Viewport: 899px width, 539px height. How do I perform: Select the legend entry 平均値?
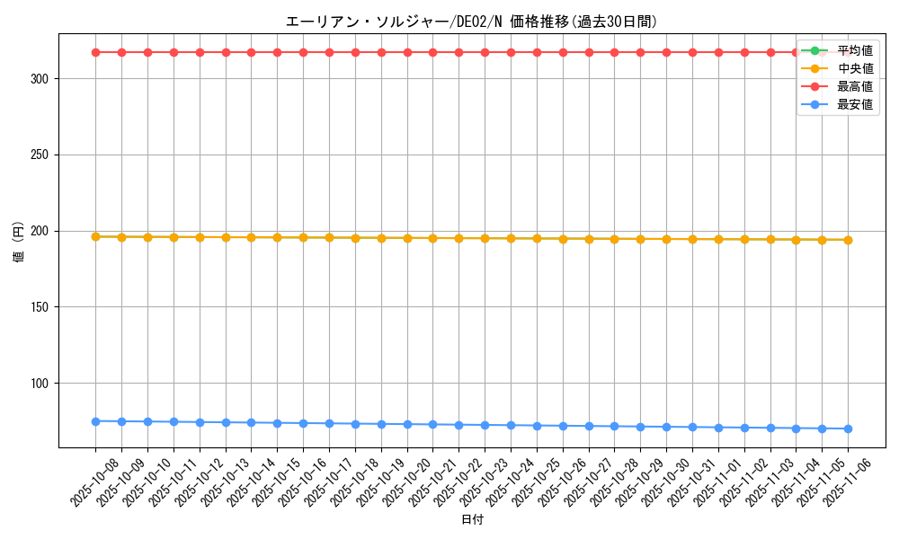(x=855, y=50)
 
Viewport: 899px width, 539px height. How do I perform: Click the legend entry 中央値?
(x=855, y=68)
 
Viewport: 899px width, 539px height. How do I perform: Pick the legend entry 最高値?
(x=855, y=86)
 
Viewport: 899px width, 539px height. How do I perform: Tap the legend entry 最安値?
(x=855, y=104)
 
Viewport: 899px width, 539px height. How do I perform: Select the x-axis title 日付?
(x=471, y=520)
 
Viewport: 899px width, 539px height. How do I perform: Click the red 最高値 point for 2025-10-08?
(x=95, y=52)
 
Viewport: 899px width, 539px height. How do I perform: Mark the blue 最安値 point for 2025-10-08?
(x=95, y=421)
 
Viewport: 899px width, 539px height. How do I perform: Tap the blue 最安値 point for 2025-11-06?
(x=848, y=429)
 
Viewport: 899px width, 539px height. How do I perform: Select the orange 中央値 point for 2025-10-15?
(x=277, y=237)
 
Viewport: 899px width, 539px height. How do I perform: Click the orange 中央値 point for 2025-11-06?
(x=848, y=240)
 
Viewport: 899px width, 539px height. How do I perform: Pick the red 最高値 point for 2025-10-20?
(x=407, y=52)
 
